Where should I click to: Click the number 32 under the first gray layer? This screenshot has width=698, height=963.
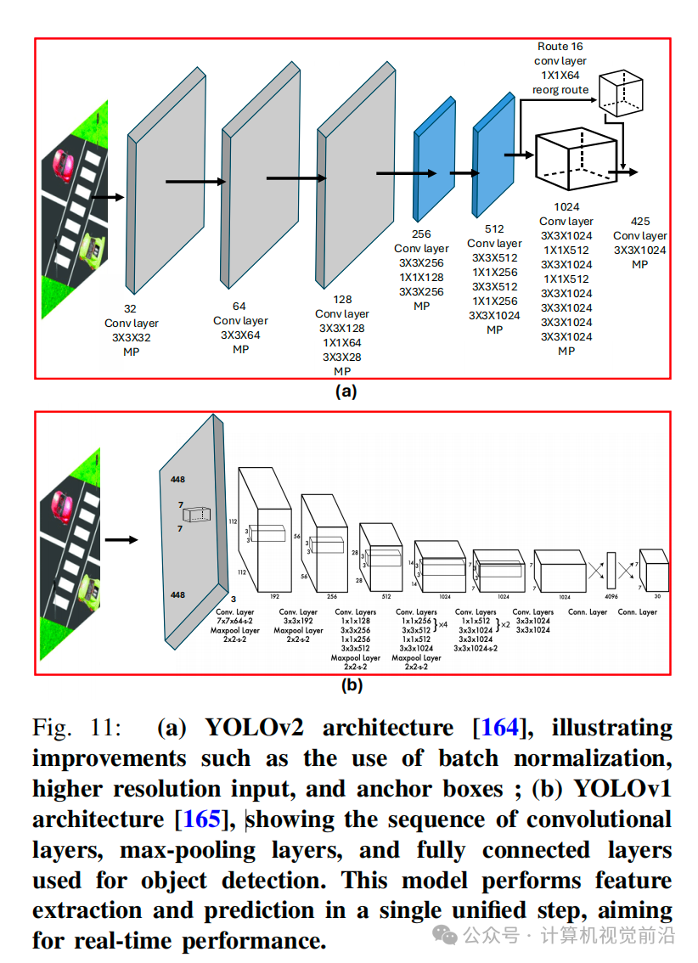pyautogui.click(x=131, y=309)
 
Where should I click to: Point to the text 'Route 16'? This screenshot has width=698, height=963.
pyautogui.click(x=560, y=47)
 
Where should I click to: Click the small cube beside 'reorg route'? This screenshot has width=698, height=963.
pyautogui.click(x=620, y=93)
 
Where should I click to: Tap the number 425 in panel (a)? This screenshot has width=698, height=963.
pyautogui.click(x=639, y=222)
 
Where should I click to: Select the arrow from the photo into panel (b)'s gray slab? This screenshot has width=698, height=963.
pyautogui.click(x=121, y=538)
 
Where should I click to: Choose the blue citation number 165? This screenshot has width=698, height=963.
pyautogui.click(x=202, y=819)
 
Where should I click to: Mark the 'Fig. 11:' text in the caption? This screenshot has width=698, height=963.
pyautogui.click(x=76, y=728)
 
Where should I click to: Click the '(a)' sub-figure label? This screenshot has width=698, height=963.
pyautogui.click(x=346, y=391)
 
